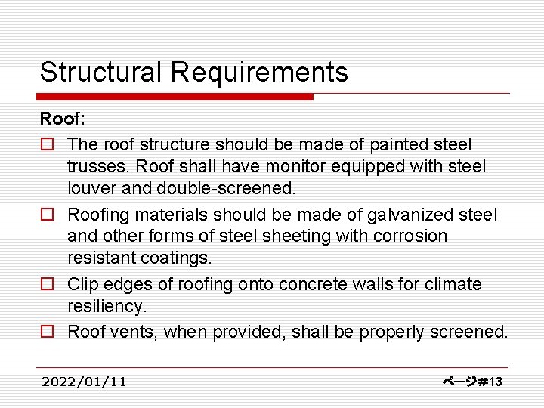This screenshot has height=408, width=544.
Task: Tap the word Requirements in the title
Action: pyautogui.click(x=259, y=73)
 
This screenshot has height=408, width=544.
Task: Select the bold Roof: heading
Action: pyautogui.click(x=63, y=119)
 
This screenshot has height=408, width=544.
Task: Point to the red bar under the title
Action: pyautogui.click(x=175, y=97)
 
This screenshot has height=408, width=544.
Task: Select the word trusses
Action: pyautogui.click(x=93, y=165)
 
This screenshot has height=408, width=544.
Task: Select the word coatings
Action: pyautogui.click(x=172, y=258)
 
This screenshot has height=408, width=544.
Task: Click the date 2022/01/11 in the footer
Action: pyautogui.click(x=85, y=382)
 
